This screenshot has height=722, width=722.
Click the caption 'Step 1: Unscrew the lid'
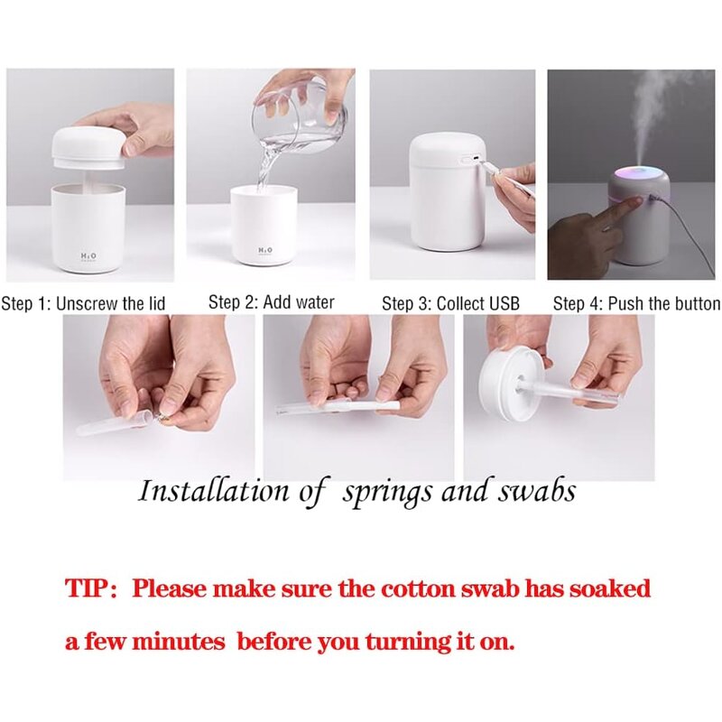pyautogui.click(x=83, y=303)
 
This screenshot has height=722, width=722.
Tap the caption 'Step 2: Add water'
pyautogui.click(x=271, y=302)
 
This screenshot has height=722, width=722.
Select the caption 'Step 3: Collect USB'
pyautogui.click(x=450, y=303)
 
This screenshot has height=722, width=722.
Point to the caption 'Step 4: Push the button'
pyautogui.click(x=635, y=303)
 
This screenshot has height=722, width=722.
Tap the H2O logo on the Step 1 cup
pyautogui.click(x=88, y=257)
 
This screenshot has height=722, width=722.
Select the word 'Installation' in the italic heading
pyautogui.click(x=213, y=491)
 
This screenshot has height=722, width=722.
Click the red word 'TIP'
pyautogui.click(x=88, y=589)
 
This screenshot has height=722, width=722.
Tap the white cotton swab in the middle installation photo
pyautogui.click(x=361, y=407)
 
